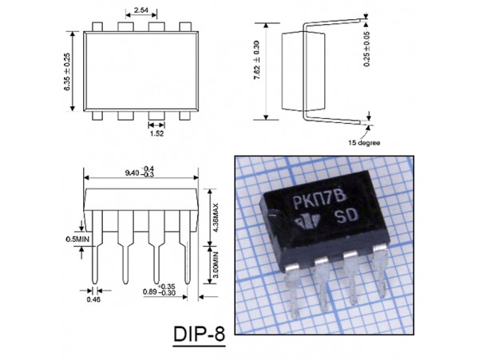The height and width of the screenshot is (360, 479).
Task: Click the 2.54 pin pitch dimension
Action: (141, 10)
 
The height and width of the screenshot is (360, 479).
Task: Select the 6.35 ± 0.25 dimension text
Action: (67, 72)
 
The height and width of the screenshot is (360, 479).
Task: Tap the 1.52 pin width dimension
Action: (156, 133)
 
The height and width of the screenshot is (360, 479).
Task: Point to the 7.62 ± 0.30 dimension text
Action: (256, 60)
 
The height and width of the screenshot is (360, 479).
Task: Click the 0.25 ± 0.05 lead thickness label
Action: (366, 49)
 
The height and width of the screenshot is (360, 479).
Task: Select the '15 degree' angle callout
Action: (365, 143)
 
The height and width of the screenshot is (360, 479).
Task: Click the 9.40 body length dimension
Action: (140, 172)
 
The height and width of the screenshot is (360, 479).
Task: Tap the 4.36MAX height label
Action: (216, 217)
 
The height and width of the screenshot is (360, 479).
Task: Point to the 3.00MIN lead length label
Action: (216, 264)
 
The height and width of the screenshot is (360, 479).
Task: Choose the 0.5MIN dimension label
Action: (77, 239)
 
